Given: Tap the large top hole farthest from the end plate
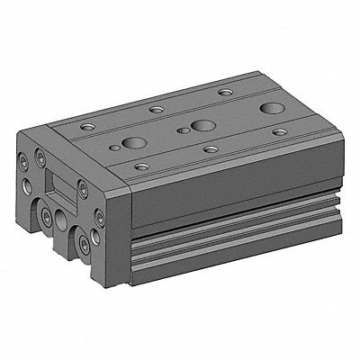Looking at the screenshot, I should click(269, 109).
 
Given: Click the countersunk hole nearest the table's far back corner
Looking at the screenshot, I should click(223, 93).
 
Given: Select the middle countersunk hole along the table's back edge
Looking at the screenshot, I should click(157, 109).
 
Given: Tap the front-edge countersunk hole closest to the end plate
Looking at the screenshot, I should click(140, 166).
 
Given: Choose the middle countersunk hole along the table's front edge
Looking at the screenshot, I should click(211, 148).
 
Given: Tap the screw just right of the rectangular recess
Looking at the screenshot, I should click(83, 189).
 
